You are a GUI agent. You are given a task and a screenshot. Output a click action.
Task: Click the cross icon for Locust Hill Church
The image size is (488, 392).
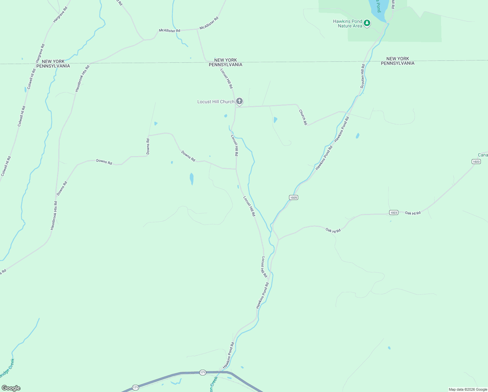point(239,101)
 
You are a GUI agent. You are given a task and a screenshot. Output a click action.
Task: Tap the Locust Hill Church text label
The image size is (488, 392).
point(216,102)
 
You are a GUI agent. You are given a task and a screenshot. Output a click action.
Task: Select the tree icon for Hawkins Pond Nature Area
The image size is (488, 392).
point(367,23)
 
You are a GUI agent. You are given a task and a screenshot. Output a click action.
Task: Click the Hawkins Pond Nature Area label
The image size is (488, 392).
point(347,24)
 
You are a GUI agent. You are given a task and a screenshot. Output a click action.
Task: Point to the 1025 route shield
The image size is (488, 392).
point(294,198)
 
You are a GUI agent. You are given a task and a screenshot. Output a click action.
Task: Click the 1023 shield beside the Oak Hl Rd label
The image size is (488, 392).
point(394,213)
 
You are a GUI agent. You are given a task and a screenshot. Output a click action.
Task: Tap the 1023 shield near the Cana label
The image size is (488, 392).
point(476,162)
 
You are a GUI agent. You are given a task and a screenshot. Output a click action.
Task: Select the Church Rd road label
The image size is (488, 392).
point(303,117)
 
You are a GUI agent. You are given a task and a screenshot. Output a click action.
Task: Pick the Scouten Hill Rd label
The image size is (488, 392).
point(362,76)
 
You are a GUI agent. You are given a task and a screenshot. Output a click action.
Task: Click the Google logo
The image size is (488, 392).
point(11,388)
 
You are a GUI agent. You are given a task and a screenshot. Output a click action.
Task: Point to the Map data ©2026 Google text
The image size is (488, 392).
point(468,389)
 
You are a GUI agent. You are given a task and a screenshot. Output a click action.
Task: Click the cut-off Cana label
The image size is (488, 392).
point(483,155)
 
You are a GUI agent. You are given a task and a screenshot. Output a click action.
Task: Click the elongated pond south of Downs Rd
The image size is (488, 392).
point(191,179)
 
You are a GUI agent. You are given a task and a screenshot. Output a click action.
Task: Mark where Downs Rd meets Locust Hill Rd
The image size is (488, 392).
point(236,169)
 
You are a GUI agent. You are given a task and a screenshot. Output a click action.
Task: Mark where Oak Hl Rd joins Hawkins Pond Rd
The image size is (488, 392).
point(279,239)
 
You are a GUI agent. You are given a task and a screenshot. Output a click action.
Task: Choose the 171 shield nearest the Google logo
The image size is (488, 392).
point(135,387)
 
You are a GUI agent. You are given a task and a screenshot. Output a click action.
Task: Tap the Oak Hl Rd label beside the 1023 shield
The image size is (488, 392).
point(413,213)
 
